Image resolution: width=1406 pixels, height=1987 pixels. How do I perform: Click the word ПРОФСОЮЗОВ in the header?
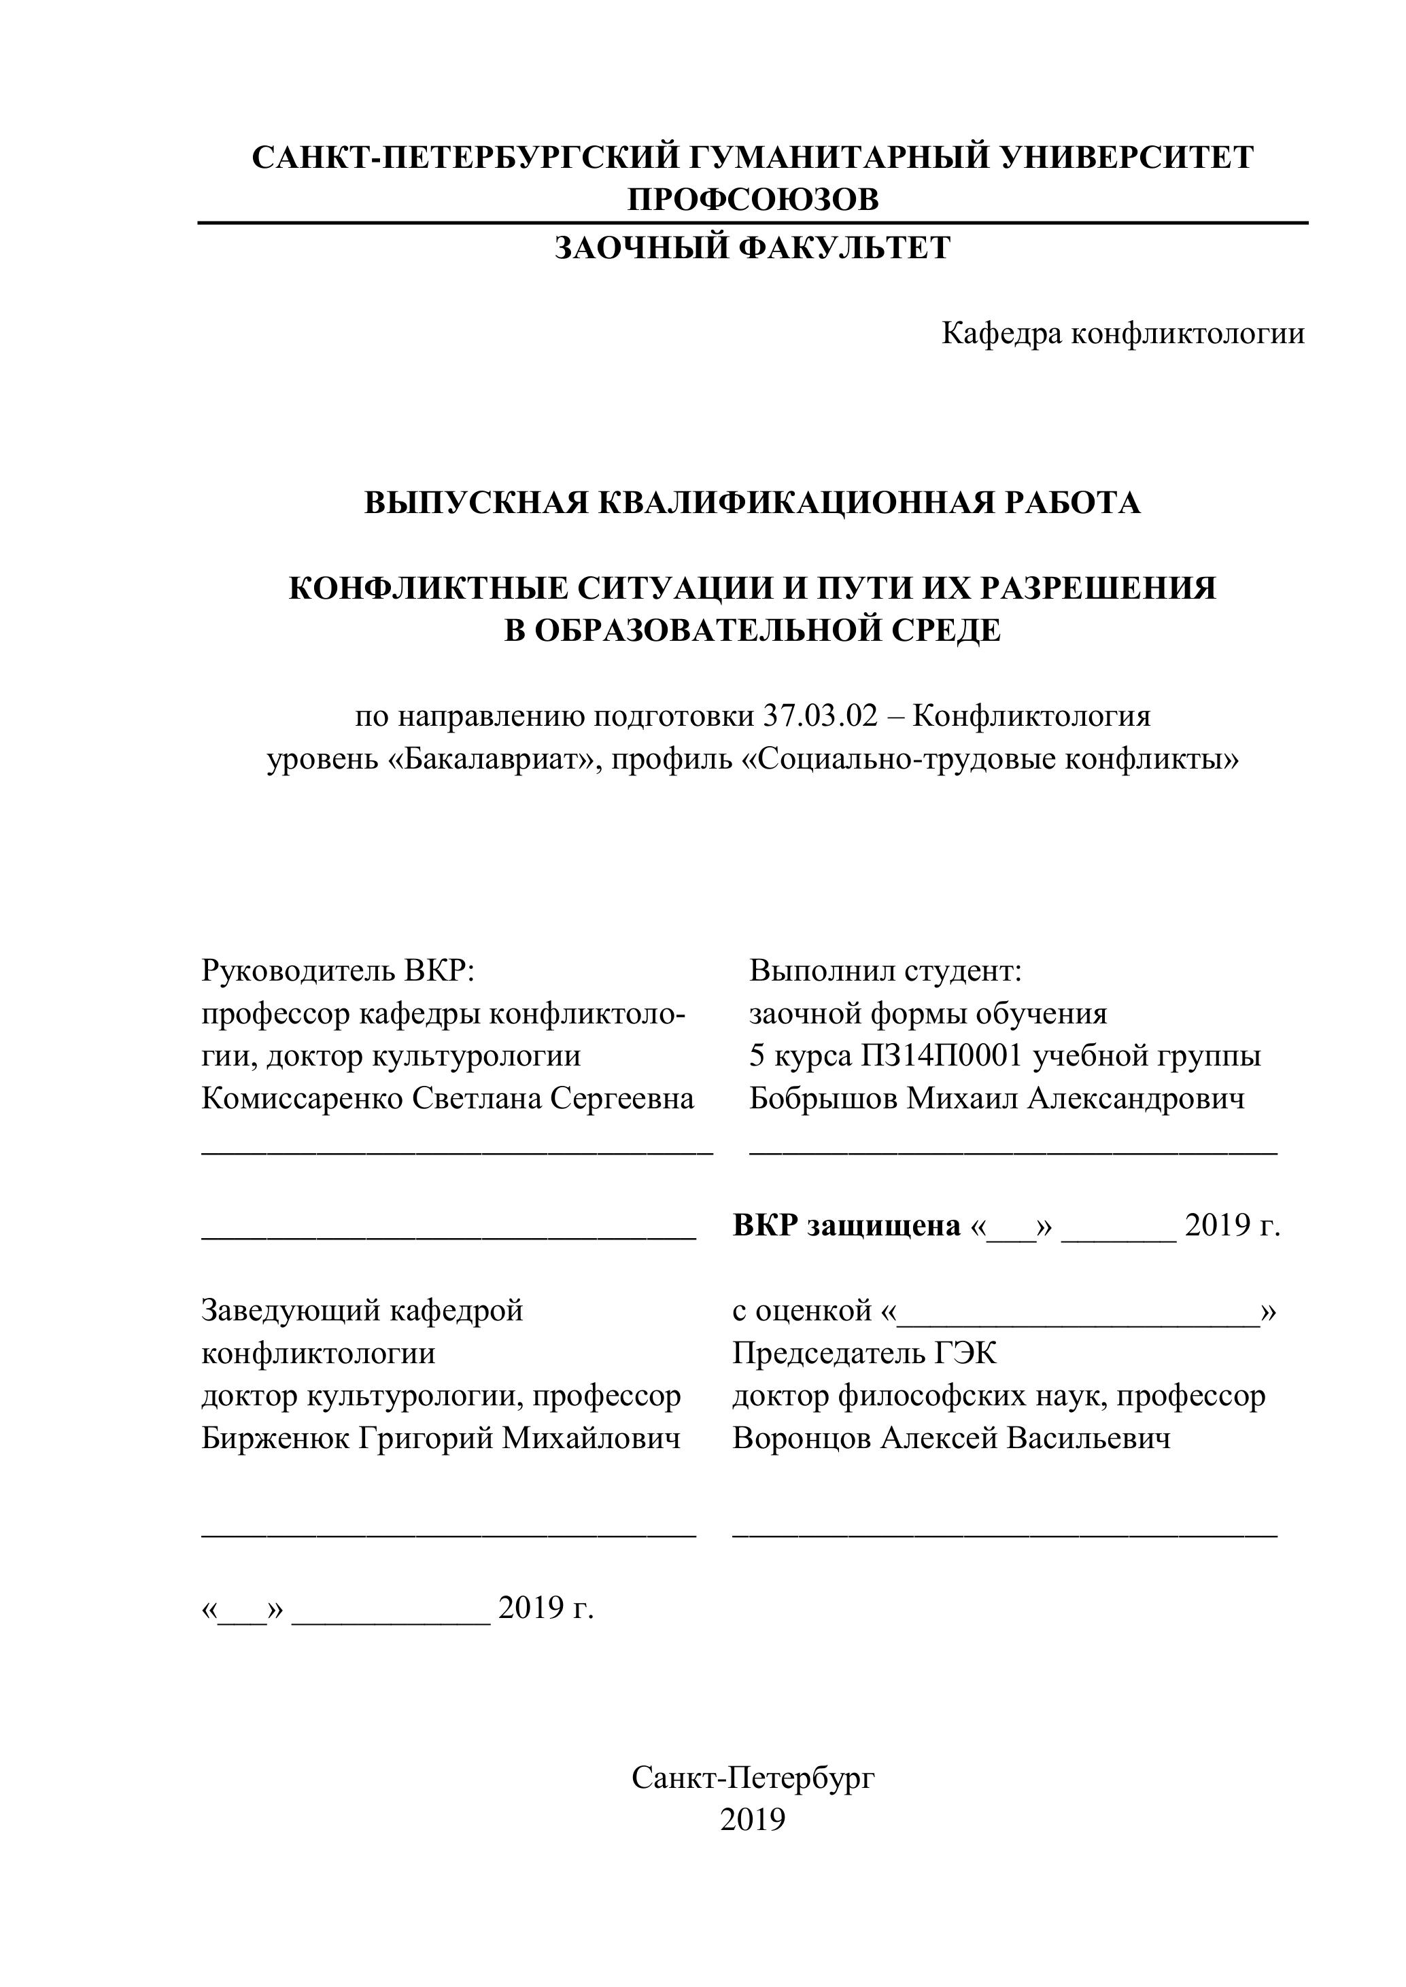(x=753, y=200)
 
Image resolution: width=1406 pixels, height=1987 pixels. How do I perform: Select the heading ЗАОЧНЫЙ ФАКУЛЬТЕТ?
(x=753, y=249)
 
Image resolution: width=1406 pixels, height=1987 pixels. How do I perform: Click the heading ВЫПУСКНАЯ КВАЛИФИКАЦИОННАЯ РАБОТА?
(x=753, y=503)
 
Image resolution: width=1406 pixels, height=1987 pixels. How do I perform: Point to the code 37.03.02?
(x=820, y=716)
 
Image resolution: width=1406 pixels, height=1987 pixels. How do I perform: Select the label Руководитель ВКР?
(x=339, y=970)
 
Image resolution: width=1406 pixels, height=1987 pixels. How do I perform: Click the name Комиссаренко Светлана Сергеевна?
(x=447, y=1098)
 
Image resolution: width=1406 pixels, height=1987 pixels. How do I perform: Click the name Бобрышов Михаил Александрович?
(x=997, y=1098)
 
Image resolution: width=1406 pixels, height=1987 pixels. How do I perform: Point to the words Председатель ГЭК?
(x=864, y=1353)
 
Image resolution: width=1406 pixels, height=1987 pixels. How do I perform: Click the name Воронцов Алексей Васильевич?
(x=951, y=1437)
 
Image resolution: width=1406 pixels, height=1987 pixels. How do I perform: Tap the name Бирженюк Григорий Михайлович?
(x=441, y=1437)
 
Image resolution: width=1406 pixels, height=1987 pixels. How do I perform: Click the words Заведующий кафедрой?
(x=362, y=1310)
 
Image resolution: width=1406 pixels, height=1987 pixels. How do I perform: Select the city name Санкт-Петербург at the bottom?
(x=753, y=1778)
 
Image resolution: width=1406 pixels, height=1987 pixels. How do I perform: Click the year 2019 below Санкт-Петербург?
(x=753, y=1820)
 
